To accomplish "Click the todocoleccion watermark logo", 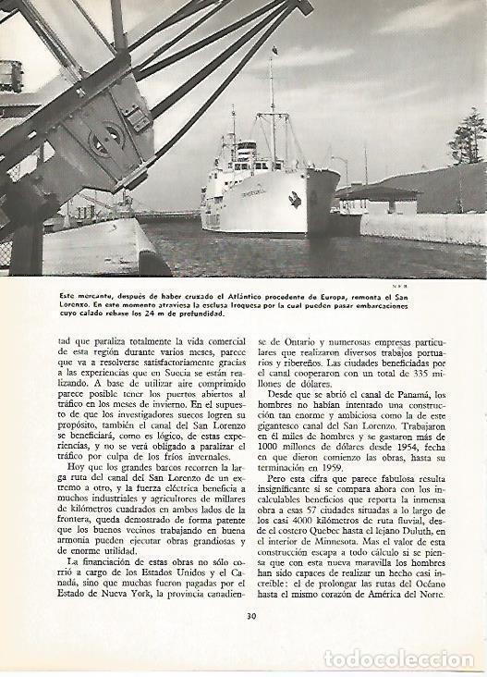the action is pos(407,659).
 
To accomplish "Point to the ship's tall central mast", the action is pos(273,102).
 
